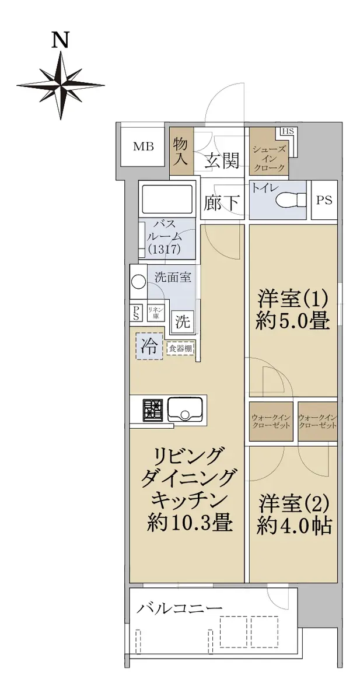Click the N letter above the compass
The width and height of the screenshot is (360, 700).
click(60, 41)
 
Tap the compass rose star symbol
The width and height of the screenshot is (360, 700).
click(60, 85)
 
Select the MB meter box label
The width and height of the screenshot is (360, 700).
click(144, 146)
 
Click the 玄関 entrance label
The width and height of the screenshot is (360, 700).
click(222, 160)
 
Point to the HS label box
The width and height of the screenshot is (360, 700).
click(288, 132)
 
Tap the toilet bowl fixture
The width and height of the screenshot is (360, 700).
click(291, 199)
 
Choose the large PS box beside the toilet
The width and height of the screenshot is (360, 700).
click(324, 200)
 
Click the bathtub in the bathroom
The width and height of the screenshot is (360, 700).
click(167, 199)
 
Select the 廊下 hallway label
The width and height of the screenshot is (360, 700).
click(222, 202)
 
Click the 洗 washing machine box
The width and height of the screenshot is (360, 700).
click(183, 321)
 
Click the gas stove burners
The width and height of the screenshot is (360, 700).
click(152, 410)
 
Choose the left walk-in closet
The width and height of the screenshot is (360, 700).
click(271, 422)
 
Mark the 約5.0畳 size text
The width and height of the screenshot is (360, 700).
click(292, 321)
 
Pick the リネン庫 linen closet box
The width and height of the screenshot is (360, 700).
click(156, 313)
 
